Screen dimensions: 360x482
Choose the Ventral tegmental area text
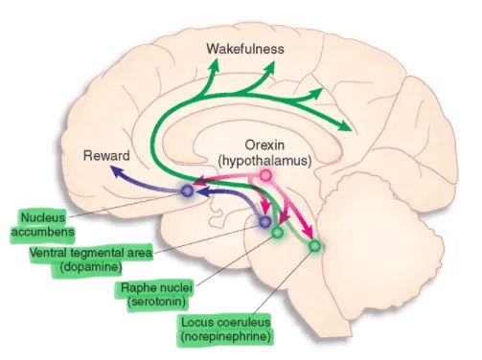(84, 253)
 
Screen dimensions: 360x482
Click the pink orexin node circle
(265, 177)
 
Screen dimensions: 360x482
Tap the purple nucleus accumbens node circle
(187, 191)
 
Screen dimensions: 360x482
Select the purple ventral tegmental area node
(265, 222)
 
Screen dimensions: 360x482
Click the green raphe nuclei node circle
(278, 231)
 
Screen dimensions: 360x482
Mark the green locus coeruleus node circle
(315, 246)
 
